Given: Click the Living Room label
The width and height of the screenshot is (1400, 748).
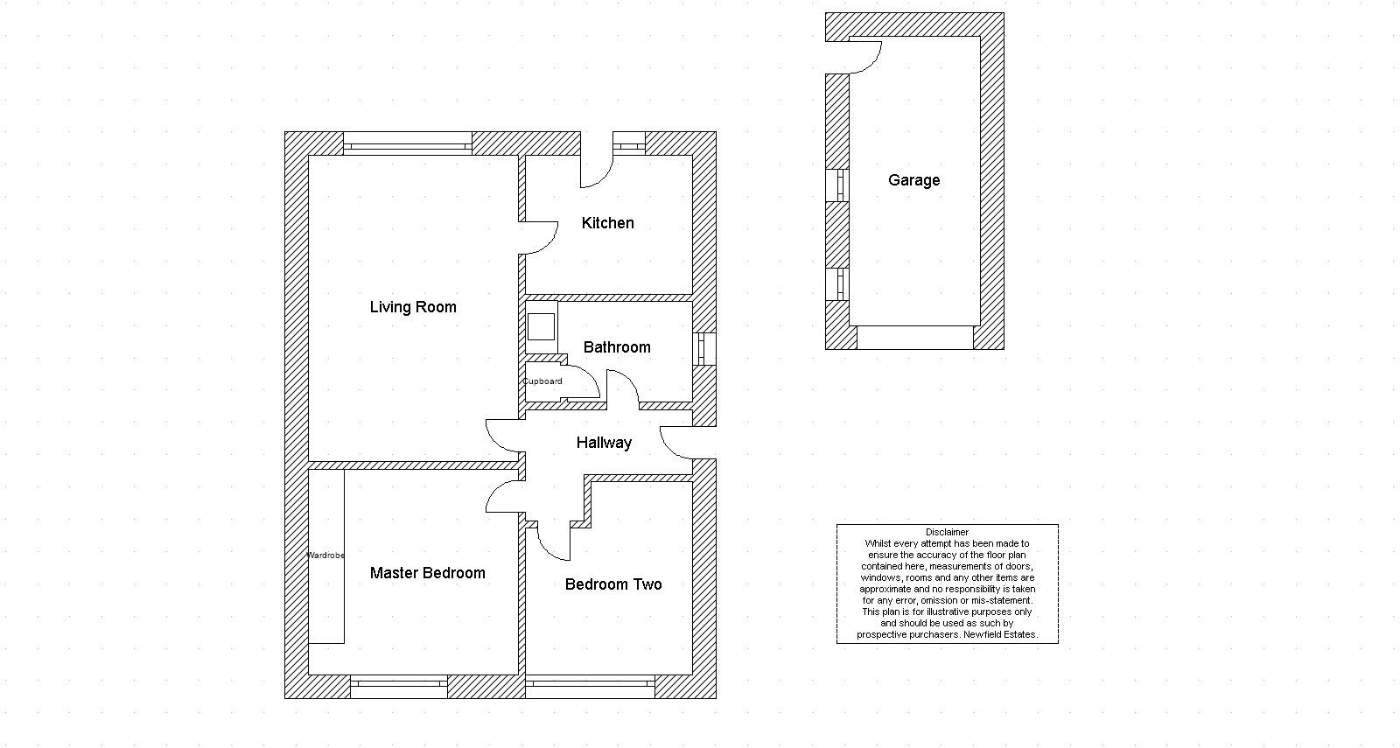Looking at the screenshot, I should click(413, 307).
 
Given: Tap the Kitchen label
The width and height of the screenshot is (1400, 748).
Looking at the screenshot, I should click(607, 223).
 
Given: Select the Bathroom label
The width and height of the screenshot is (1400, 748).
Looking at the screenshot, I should click(617, 347).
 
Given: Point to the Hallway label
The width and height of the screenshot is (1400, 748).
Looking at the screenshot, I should click(604, 443).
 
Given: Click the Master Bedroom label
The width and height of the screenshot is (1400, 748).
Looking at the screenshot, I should click(427, 573).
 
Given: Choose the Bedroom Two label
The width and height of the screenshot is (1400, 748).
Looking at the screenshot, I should click(612, 584).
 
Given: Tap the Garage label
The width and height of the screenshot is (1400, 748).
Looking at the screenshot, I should click(913, 180).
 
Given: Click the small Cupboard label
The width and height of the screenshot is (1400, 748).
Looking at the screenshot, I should click(542, 381).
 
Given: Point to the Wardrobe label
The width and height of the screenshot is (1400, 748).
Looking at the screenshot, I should click(325, 556).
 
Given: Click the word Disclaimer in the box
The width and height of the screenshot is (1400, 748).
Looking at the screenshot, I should click(947, 532).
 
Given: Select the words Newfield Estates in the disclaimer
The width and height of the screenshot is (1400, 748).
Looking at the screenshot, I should click(1000, 635).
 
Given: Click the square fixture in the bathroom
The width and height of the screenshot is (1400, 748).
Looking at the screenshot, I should click(541, 326).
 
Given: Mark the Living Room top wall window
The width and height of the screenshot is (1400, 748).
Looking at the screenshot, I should click(407, 144).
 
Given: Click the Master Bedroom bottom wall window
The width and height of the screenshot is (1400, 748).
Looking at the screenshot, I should click(399, 686).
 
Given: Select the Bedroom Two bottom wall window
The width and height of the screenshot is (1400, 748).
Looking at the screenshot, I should click(590, 686).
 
